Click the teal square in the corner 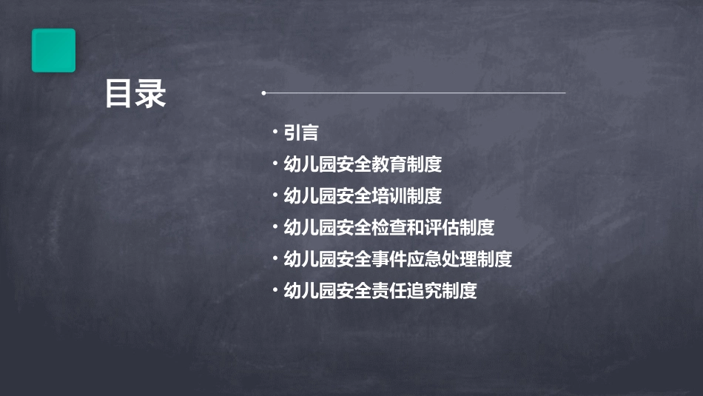[53, 50]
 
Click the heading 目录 [135, 95]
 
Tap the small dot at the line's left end [263, 93]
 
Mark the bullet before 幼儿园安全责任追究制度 [275, 290]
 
